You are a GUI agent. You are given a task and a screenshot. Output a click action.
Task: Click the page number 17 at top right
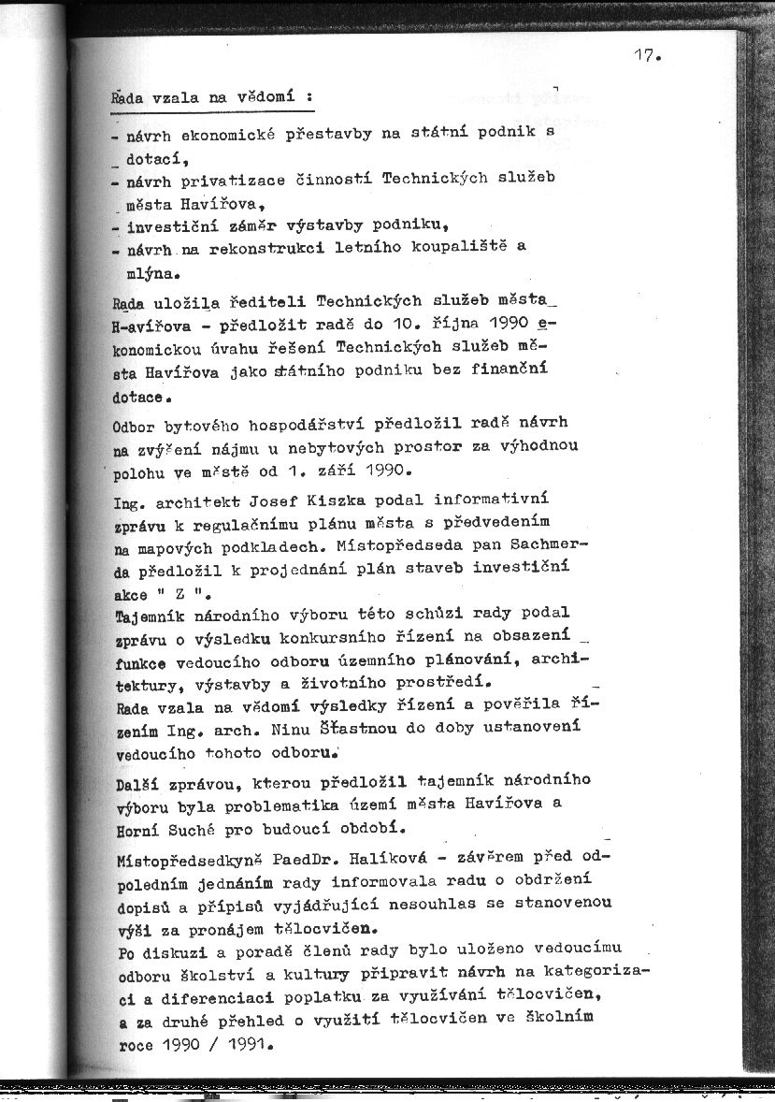click(646, 55)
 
